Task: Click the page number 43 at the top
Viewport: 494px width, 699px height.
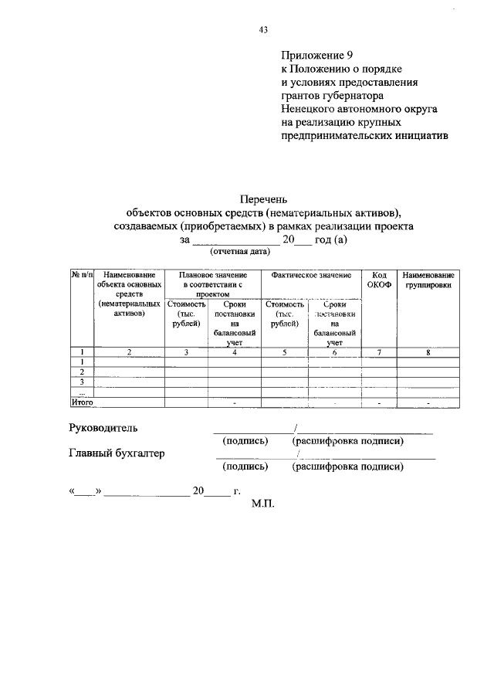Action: point(263,30)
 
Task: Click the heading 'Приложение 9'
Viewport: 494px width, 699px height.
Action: point(316,56)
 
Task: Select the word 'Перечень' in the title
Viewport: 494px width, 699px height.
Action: point(263,199)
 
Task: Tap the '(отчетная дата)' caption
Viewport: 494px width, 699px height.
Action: point(239,252)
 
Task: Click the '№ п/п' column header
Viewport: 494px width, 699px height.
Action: point(82,276)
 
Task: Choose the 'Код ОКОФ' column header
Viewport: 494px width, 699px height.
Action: point(379,280)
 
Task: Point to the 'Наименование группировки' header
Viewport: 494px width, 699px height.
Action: point(427,280)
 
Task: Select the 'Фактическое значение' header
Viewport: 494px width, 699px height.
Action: point(311,276)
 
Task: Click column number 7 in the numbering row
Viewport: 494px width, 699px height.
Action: point(379,351)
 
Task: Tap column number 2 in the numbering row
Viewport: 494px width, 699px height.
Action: point(129,351)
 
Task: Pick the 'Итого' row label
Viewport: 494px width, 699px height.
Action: point(82,402)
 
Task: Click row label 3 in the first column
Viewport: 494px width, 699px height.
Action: point(82,381)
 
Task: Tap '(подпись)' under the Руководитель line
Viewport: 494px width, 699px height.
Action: point(245,441)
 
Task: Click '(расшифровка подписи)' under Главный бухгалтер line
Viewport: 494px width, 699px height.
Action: point(347,467)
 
